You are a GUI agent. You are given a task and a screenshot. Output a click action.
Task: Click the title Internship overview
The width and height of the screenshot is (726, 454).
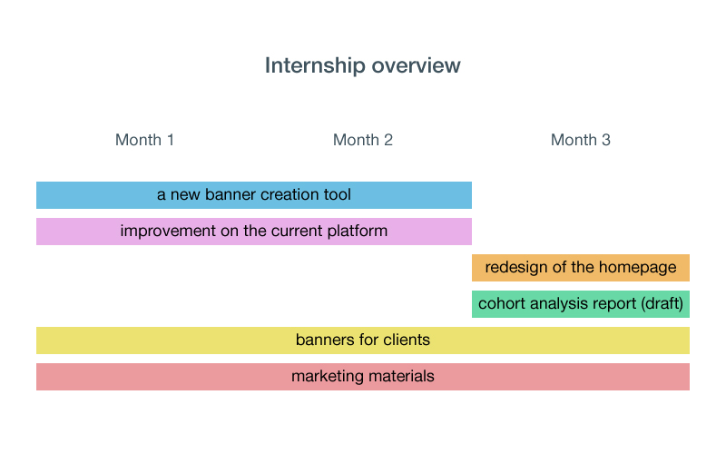pyautogui.click(x=362, y=65)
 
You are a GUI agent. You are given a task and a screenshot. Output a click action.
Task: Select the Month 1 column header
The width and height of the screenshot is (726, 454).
pyautogui.click(x=144, y=140)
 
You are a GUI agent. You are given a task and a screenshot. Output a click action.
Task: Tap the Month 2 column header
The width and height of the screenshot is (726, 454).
pyautogui.click(x=362, y=140)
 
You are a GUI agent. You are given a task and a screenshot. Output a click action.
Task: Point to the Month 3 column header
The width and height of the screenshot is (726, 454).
pyautogui.click(x=581, y=140)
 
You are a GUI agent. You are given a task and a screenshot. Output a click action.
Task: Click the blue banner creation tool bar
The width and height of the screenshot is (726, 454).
pyautogui.click(x=254, y=195)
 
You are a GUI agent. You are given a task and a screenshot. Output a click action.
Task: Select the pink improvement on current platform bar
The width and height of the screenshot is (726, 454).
pyautogui.click(x=254, y=232)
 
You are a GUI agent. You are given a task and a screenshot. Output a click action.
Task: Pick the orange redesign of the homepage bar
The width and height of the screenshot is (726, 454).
pyautogui.click(x=581, y=268)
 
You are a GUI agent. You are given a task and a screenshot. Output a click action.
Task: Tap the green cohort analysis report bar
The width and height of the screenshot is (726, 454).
pyautogui.click(x=581, y=304)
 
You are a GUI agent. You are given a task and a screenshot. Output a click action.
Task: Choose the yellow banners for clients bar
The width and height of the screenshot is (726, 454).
pyautogui.click(x=362, y=340)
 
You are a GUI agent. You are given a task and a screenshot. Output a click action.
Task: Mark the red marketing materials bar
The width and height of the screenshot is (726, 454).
pyautogui.click(x=362, y=377)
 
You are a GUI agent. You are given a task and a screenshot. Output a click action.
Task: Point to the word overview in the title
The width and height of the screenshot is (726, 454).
pyautogui.click(x=417, y=65)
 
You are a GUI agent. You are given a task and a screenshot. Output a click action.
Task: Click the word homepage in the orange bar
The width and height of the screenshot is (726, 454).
pyautogui.click(x=638, y=267)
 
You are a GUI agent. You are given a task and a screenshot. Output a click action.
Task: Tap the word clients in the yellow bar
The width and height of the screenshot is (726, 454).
pyautogui.click(x=407, y=340)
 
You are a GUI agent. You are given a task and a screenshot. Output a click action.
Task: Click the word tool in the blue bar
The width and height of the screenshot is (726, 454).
pyautogui.click(x=337, y=194)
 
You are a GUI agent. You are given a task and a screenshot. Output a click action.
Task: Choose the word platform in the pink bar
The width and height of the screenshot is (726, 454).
pyautogui.click(x=357, y=231)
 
